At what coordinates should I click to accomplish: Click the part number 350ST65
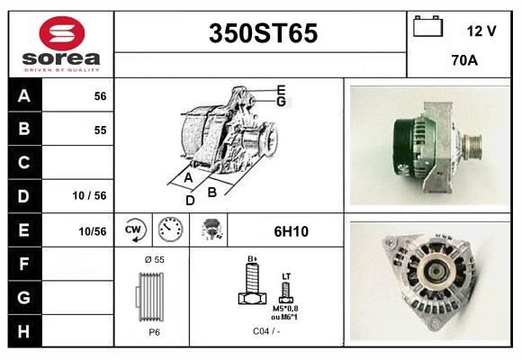coord(262,33)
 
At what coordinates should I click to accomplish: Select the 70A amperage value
coord(463,62)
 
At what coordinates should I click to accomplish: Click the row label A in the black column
coord(24,96)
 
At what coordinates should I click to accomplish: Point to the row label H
coord(24,331)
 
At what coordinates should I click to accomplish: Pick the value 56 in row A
coord(100,96)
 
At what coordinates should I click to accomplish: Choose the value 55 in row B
coord(100,130)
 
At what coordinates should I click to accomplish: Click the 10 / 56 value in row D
coord(89,194)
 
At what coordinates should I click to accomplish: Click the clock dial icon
coord(169,229)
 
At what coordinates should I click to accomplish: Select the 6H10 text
coord(291,231)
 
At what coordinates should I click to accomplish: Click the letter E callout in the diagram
coord(281,89)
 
